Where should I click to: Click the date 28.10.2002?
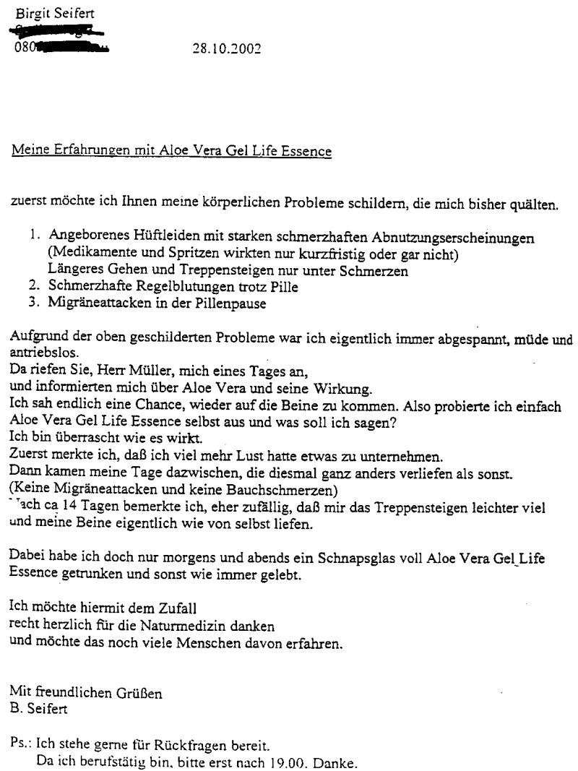[x=226, y=49]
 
